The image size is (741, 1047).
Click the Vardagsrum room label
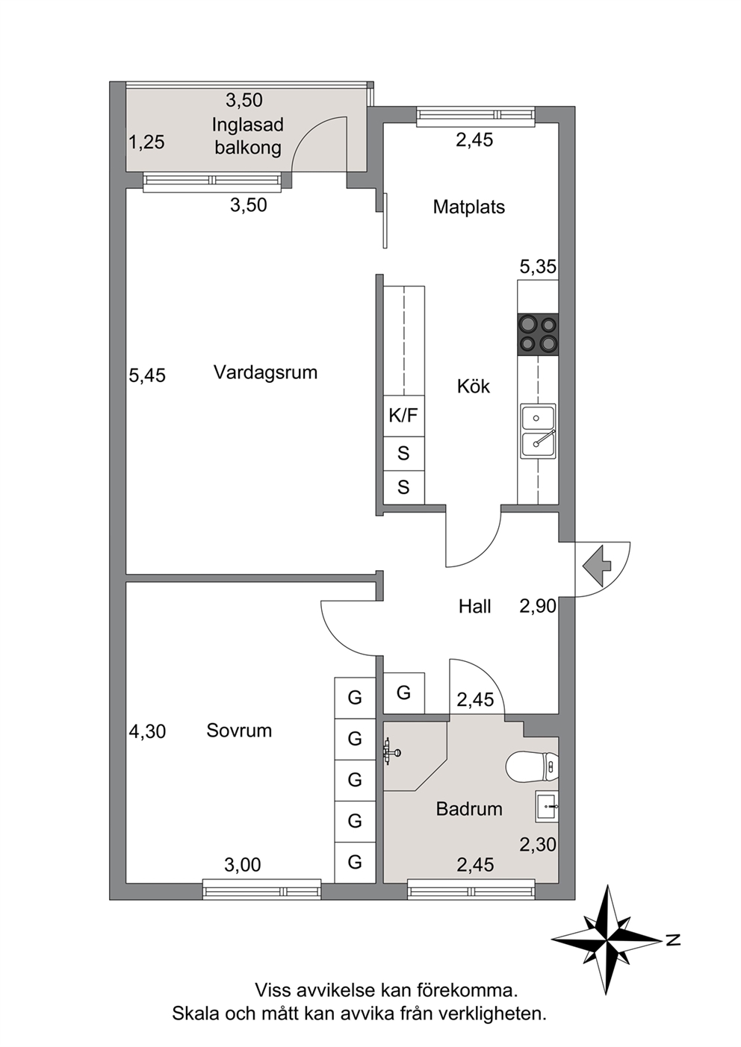tap(265, 373)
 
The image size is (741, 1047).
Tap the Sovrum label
tap(239, 731)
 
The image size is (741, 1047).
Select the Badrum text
tap(469, 809)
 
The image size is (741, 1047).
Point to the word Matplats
tap(469, 207)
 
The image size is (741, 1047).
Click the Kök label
tap(474, 386)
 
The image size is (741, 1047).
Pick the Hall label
tap(474, 607)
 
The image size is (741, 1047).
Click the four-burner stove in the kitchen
tap(538, 334)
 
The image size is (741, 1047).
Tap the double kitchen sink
tap(538, 431)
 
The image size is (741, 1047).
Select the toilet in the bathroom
tap(533, 766)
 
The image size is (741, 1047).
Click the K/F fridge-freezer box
tap(403, 416)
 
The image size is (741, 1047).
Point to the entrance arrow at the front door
tap(596, 566)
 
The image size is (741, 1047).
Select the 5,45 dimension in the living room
tap(147, 375)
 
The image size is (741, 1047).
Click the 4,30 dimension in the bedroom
tap(147, 731)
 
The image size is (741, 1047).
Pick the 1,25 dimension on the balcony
tap(147, 143)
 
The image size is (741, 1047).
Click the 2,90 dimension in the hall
tap(538, 606)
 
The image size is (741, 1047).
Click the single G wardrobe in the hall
tap(403, 693)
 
